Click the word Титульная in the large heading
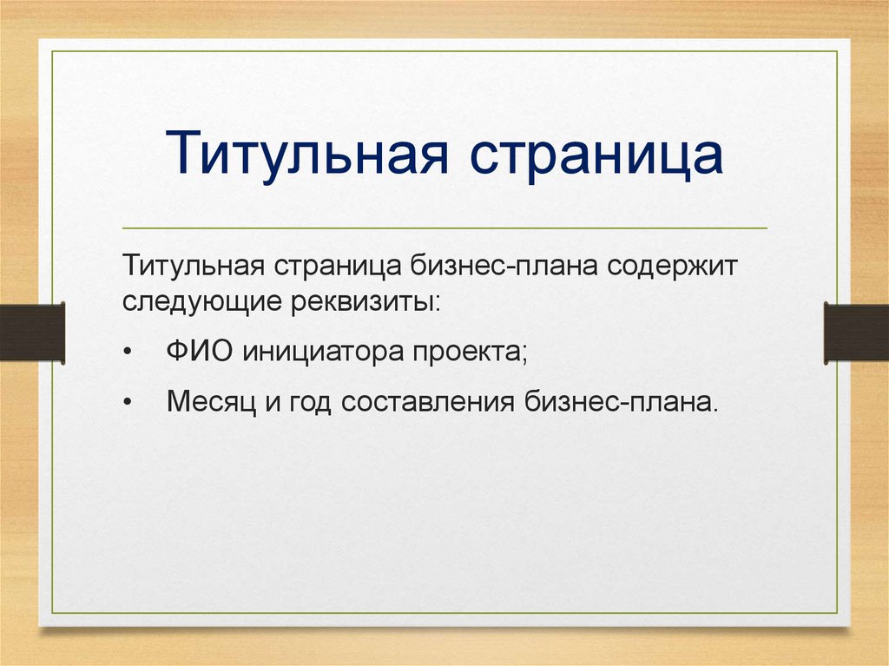pyautogui.click(x=307, y=152)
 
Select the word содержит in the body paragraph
pyautogui.click(x=673, y=266)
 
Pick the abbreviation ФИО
pyautogui.click(x=200, y=351)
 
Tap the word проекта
pyautogui.click(x=470, y=353)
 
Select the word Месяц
pyautogui.click(x=211, y=402)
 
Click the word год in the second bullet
pyautogui.click(x=310, y=402)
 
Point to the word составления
pyautogui.click(x=427, y=402)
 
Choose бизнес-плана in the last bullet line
pyautogui.click(x=621, y=402)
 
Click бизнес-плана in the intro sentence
pyautogui.click(x=504, y=265)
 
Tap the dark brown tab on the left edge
pyautogui.click(x=32, y=333)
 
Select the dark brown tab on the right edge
pyautogui.click(x=856, y=333)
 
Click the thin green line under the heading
pyautogui.click(x=444, y=228)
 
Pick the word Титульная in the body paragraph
pyautogui.click(x=194, y=266)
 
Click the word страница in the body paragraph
pyautogui.click(x=338, y=266)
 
